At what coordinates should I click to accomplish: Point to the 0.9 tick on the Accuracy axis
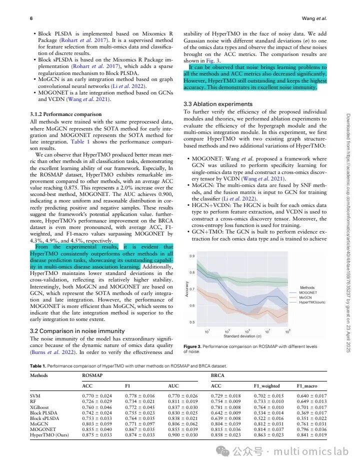pos(192,256)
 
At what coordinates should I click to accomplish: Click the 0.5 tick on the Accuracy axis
pos(192,322)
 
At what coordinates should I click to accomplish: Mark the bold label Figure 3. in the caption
pos(194,346)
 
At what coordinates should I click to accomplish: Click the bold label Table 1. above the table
pos(39,366)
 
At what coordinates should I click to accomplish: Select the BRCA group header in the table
pos(217,374)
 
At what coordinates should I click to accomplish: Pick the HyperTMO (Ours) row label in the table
pos(49,435)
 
